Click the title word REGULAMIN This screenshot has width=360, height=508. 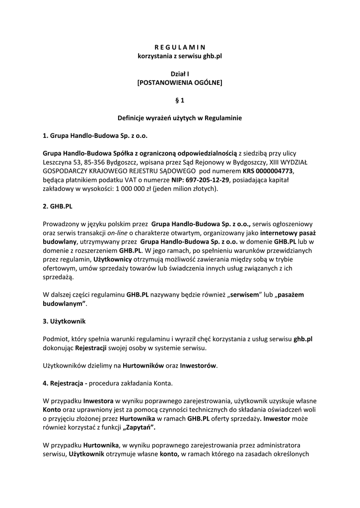[180, 48]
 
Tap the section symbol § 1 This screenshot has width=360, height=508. [180, 101]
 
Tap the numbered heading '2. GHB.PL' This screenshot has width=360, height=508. [58, 205]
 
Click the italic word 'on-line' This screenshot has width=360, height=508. [119, 232]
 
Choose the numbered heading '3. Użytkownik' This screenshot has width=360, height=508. [65, 321]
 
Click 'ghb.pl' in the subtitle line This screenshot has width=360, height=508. [212, 56]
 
